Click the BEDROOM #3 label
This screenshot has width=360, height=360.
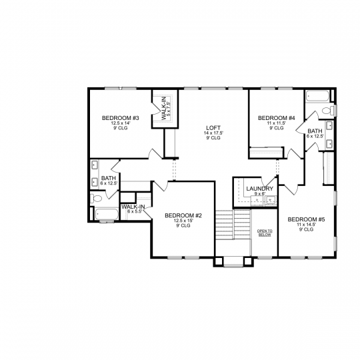coord(121,118)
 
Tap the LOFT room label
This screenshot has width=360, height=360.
coord(213,128)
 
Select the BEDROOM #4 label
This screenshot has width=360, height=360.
coord(277,118)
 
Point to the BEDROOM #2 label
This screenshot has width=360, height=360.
coord(183,215)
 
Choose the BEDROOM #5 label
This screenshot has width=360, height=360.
coord(306,219)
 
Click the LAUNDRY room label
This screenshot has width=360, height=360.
coord(260,189)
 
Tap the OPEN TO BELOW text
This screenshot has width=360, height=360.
coord(265,233)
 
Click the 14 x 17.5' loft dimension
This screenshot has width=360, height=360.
coord(213,133)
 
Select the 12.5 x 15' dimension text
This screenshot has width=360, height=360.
coord(183,221)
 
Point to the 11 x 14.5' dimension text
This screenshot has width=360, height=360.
coord(306,225)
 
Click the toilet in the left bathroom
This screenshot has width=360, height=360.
coord(96,198)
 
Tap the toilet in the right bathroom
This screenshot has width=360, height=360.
coord(328,111)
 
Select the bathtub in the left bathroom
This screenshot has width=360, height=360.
coord(107,215)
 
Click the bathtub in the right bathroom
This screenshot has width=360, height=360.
coord(318,96)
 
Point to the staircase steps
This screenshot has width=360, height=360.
coord(233,225)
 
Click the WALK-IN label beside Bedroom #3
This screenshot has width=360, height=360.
coord(164,109)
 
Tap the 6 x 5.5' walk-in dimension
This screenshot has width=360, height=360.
coord(135,211)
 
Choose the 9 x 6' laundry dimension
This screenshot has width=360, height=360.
coord(260,193)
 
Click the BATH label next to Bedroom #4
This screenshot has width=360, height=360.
coord(315,131)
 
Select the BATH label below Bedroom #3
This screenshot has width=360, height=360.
coord(109,178)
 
